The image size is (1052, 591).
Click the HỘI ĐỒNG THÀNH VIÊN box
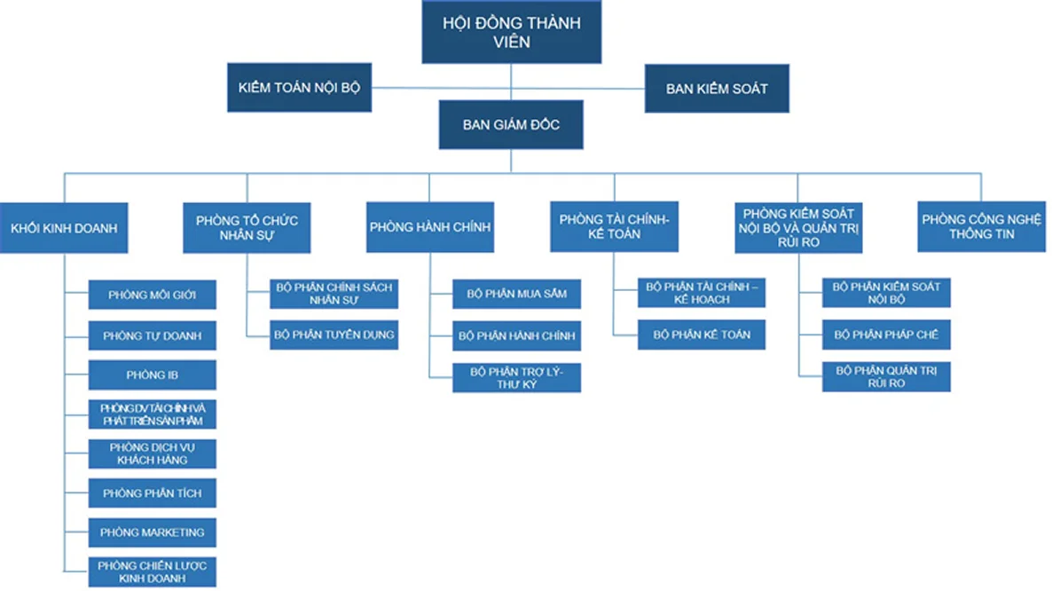click(511, 32)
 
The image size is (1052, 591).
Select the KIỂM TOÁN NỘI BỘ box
click(299, 89)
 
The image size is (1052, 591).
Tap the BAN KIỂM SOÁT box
click(717, 89)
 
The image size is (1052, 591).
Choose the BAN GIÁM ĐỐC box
click(511, 125)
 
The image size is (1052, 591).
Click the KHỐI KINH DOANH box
click(64, 227)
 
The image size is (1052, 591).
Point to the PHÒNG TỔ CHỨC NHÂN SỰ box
click(247, 227)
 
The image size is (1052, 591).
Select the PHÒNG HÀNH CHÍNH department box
click(430, 227)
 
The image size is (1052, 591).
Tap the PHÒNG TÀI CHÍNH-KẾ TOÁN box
click(614, 227)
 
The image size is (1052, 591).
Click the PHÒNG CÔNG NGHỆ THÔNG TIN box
click(981, 227)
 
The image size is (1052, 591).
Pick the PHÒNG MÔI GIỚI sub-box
click(153, 295)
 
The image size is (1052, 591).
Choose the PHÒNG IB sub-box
click(153, 375)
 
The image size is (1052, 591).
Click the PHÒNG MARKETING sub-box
click(153, 532)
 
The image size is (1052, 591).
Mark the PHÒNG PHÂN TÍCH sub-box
click(153, 493)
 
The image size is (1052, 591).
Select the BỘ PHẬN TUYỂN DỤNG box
click(334, 335)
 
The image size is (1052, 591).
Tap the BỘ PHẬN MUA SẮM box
click(517, 294)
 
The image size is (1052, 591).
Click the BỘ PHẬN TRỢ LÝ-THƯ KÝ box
click(517, 377)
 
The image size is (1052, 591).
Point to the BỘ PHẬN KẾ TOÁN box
click(702, 335)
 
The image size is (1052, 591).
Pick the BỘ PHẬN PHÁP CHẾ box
click(886, 335)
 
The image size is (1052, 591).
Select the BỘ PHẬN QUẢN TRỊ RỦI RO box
click(886, 376)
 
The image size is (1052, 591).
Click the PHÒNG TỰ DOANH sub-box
click(153, 336)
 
